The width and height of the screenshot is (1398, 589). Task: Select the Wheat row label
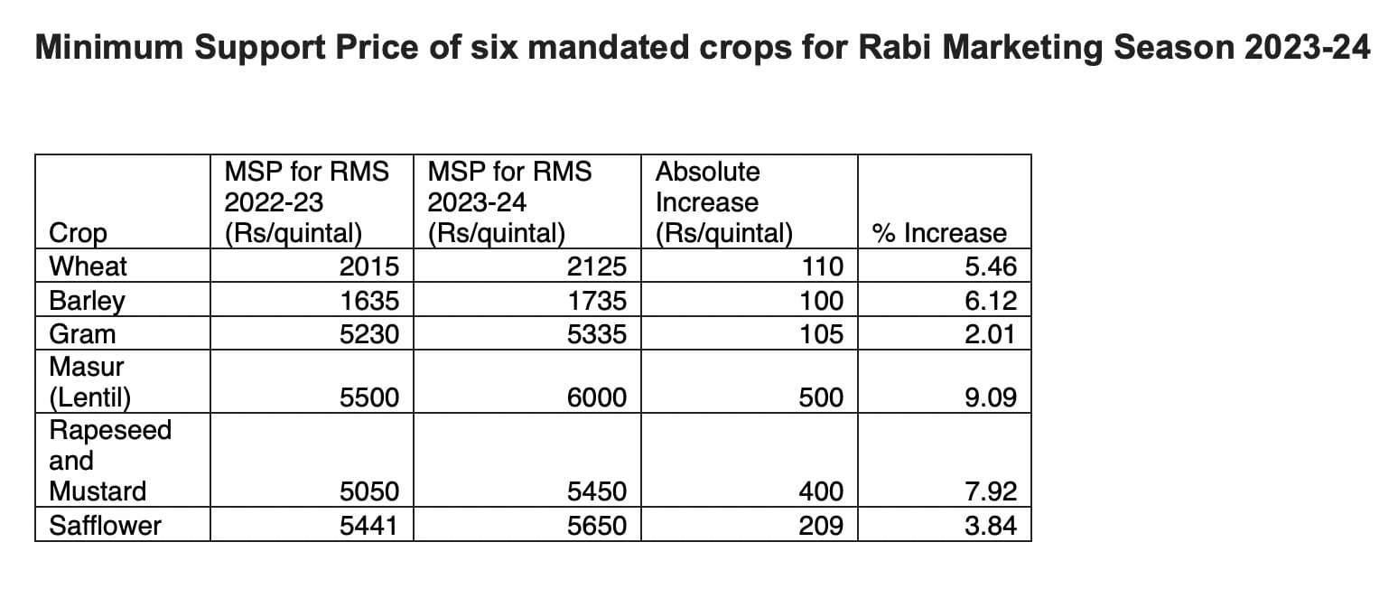pyautogui.click(x=89, y=267)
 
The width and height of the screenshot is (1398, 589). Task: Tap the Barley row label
pyautogui.click(x=88, y=301)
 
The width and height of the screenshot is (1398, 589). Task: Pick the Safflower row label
pyautogui.click(x=105, y=526)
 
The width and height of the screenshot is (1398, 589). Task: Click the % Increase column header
pyautogui.click(x=939, y=233)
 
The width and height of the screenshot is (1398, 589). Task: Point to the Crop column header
pyautogui.click(x=78, y=233)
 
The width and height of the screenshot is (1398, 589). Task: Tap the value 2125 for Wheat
pyautogui.click(x=597, y=267)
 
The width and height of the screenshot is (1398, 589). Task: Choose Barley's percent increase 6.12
pyautogui.click(x=990, y=301)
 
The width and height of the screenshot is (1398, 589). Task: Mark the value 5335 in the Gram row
pyautogui.click(x=597, y=334)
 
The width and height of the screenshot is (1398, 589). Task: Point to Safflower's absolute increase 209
pyautogui.click(x=821, y=526)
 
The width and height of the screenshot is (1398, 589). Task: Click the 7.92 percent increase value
pyautogui.click(x=990, y=492)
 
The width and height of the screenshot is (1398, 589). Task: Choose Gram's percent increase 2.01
pyautogui.click(x=990, y=334)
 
